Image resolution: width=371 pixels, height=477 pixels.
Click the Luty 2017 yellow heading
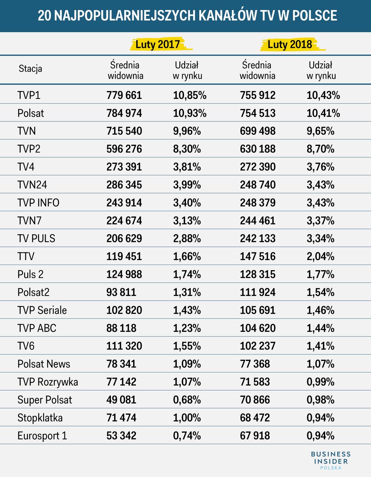click(x=158, y=44)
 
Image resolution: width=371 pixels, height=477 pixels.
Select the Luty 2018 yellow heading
click(x=290, y=44)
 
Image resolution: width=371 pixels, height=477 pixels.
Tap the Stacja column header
click(x=30, y=69)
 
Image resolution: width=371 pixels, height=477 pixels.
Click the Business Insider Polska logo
click(x=331, y=460)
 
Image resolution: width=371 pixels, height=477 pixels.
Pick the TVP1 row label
click(x=29, y=95)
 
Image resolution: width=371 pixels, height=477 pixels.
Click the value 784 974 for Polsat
click(x=124, y=113)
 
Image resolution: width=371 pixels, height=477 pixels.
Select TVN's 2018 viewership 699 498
click(x=258, y=131)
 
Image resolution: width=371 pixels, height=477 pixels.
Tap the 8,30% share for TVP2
click(x=187, y=149)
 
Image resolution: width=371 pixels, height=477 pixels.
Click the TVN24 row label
click(x=32, y=185)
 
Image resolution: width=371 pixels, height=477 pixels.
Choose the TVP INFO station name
click(x=38, y=202)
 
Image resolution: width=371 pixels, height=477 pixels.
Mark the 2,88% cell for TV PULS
click(x=187, y=239)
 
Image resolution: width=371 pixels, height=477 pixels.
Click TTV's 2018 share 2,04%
click(x=321, y=256)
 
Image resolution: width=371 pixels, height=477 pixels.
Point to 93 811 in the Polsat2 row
click(x=121, y=292)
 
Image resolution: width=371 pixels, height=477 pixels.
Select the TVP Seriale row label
click(x=42, y=310)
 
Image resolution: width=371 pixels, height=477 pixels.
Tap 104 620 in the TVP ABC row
click(x=258, y=328)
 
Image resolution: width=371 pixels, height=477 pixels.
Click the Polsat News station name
click(x=44, y=364)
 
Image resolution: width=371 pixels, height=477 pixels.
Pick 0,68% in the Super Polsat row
click(x=187, y=400)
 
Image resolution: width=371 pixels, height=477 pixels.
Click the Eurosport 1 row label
click(x=42, y=435)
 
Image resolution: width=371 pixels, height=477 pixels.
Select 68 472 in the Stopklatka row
click(x=255, y=418)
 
